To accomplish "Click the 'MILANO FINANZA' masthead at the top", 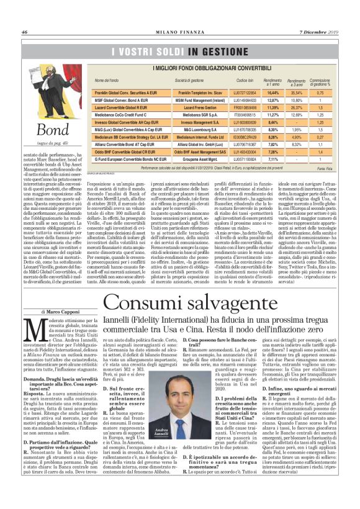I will tap(179, 32).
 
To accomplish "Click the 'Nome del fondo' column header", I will tap(106, 81).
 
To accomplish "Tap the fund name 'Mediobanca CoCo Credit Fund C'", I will tap(120, 115).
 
